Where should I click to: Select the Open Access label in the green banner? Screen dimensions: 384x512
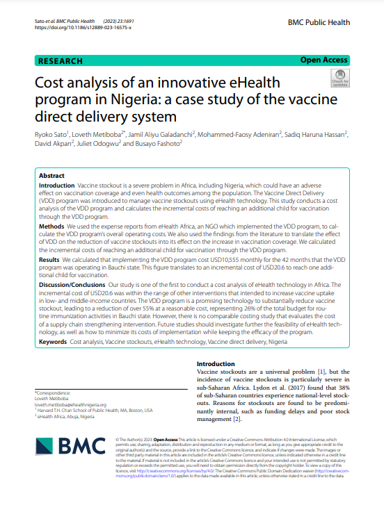324,60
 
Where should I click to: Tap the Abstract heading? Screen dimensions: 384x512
52,176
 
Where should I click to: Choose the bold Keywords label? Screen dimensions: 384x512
54,343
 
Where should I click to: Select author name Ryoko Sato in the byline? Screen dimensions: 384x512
53,132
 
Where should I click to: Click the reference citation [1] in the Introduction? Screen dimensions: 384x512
321,373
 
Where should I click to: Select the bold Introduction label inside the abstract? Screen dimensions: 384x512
56,187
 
